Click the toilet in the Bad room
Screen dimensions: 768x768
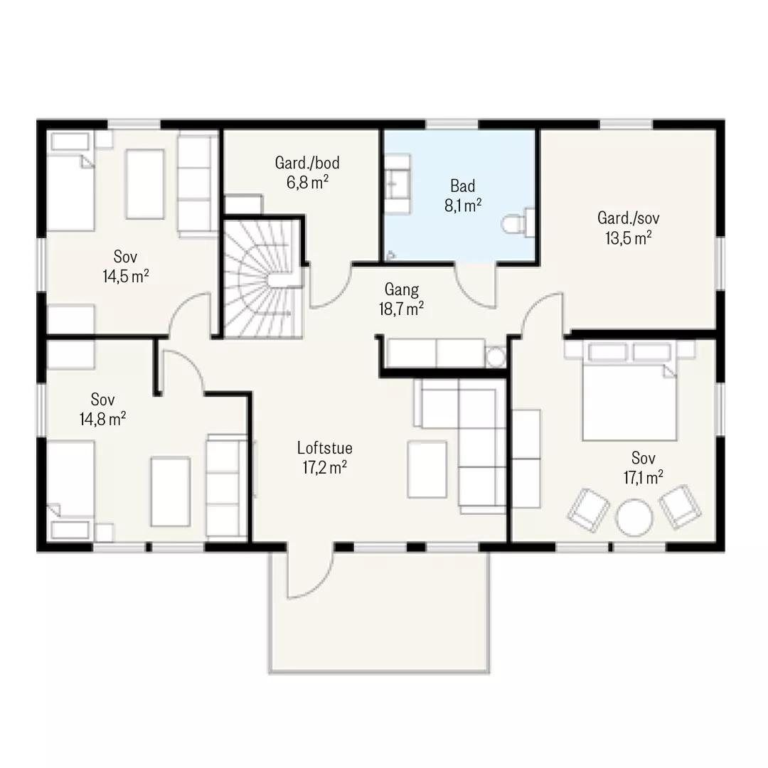click(x=518, y=223)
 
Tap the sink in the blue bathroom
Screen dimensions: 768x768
click(x=397, y=183)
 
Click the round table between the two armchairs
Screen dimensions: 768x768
click(x=634, y=518)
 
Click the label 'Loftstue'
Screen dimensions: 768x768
click(x=325, y=448)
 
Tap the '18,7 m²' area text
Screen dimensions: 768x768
click(x=401, y=309)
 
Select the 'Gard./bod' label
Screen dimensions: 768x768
click(x=307, y=163)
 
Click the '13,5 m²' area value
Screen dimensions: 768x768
click(x=629, y=238)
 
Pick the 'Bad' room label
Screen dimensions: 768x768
click(x=463, y=186)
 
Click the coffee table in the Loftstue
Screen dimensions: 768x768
click(x=427, y=469)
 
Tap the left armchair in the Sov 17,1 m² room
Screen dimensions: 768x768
click(x=588, y=510)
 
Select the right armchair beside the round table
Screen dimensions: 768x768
click(x=680, y=507)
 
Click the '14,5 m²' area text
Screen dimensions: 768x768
click(x=126, y=276)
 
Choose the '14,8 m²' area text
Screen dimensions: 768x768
click(x=103, y=420)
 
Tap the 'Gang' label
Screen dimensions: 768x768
click(x=402, y=289)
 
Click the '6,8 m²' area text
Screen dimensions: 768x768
click(x=308, y=182)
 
